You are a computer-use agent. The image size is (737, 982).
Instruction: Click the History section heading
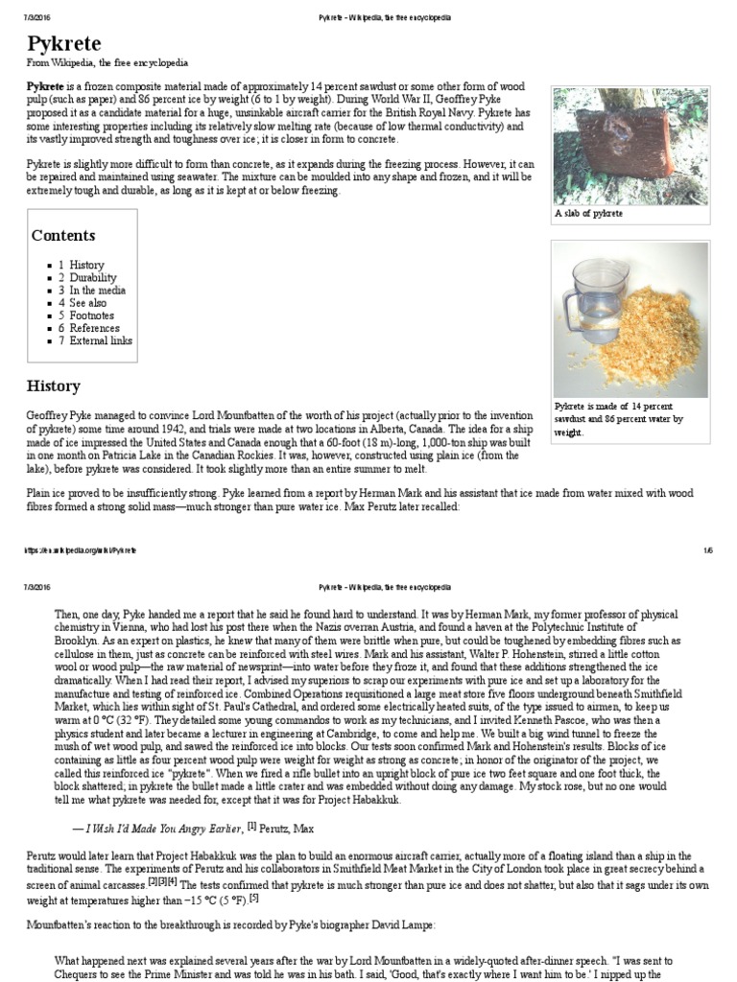tap(53, 386)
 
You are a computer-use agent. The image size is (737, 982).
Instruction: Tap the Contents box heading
tap(63, 235)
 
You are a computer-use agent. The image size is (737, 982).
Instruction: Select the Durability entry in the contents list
tap(92, 277)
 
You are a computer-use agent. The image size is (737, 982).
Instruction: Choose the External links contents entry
tap(101, 340)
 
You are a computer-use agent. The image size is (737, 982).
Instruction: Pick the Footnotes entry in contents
tap(91, 315)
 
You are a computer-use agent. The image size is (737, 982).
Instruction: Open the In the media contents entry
tap(97, 290)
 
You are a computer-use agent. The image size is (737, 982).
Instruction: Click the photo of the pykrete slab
tap(630, 145)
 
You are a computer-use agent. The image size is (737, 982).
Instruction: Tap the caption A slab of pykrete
tap(588, 213)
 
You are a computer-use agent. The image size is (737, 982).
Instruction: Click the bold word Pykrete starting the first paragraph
tap(46, 85)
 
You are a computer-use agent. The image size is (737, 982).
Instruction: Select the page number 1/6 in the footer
tap(707, 550)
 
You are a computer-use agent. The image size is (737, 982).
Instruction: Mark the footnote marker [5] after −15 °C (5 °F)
tap(254, 898)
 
